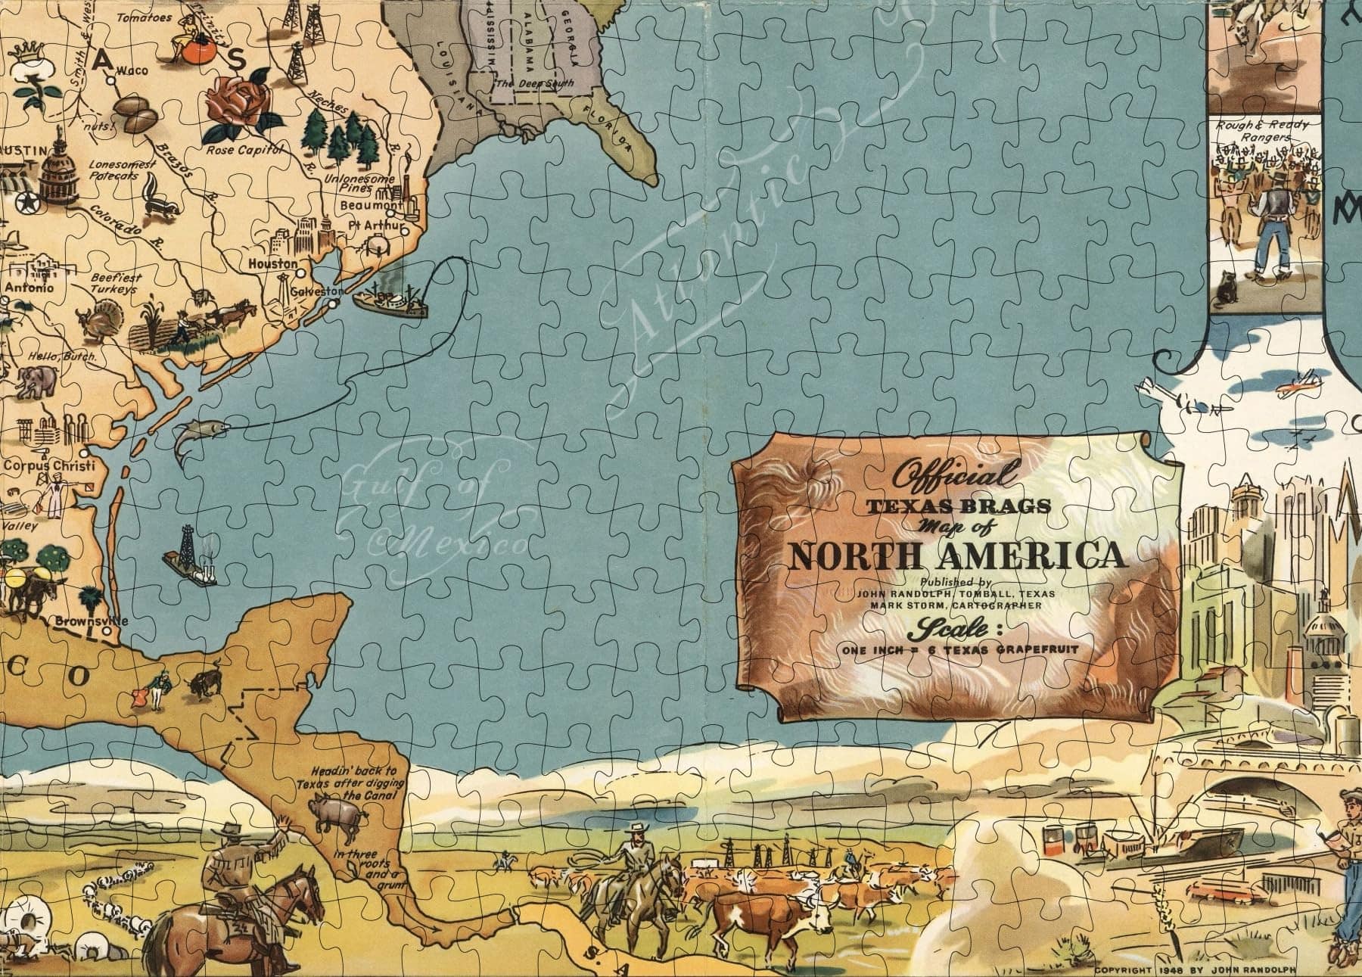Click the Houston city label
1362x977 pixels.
pyautogui.click(x=272, y=263)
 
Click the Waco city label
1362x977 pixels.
pyautogui.click(x=132, y=70)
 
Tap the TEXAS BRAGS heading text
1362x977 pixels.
pyautogui.click(x=956, y=507)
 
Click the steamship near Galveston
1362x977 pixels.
pyautogui.click(x=390, y=300)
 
